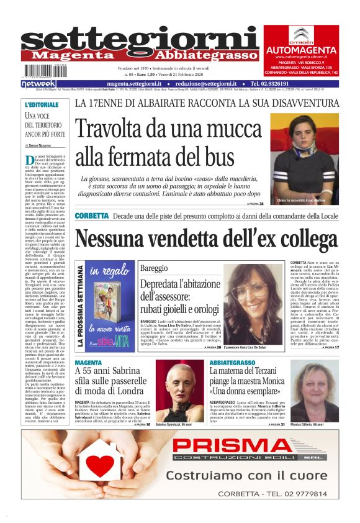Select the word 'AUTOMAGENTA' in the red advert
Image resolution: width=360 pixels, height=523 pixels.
coord(300,50)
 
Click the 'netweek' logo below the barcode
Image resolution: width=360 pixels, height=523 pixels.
coord(38,83)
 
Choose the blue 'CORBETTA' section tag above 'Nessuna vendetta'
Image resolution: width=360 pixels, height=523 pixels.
coord(91,216)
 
